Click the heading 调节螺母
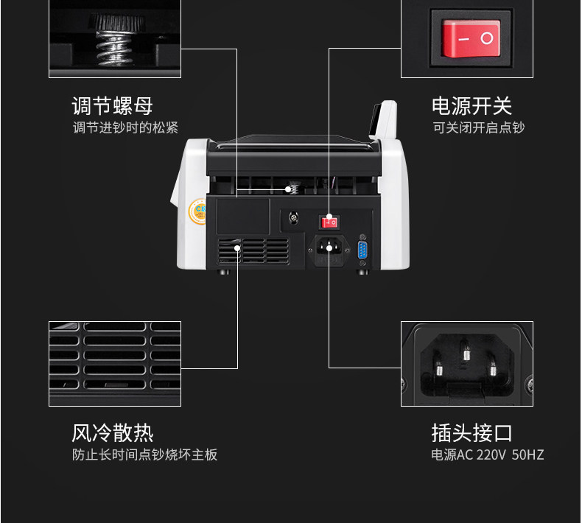112,105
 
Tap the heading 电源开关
471,105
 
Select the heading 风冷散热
112,432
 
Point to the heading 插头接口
471,432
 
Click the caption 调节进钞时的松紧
125,128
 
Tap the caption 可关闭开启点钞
478,128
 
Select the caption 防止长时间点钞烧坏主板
144,454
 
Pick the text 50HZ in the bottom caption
527,454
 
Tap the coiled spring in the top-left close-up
115,44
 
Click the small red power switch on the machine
329,220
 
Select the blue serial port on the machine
362,250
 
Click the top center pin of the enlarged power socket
465,351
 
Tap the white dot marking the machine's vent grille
237,248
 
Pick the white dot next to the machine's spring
289,189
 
